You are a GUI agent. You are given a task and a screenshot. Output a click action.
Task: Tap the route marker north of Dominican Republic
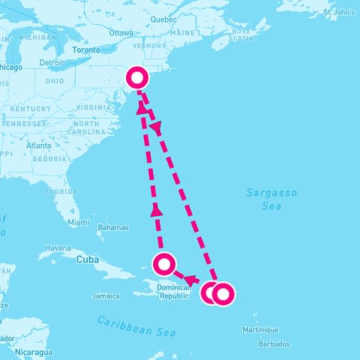163,264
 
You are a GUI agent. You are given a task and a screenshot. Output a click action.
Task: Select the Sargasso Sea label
271,199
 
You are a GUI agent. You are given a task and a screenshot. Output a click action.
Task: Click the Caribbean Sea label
136,326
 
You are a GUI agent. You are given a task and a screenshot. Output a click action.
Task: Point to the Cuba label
87,259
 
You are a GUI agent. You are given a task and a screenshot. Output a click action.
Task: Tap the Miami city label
78,223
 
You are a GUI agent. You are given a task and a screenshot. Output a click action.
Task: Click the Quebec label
163,19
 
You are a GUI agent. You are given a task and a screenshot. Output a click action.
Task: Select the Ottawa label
121,33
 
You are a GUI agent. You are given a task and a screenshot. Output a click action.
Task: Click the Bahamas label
113,227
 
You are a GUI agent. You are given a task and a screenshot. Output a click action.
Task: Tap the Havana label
58,247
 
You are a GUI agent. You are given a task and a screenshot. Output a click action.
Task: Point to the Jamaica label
105,296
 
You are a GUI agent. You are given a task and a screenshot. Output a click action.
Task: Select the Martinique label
259,330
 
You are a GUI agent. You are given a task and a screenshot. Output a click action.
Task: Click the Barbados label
274,344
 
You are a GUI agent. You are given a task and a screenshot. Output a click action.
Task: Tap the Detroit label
52,62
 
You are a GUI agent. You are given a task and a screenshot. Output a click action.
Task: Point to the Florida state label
61,191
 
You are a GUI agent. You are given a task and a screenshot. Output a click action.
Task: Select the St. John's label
338,13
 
